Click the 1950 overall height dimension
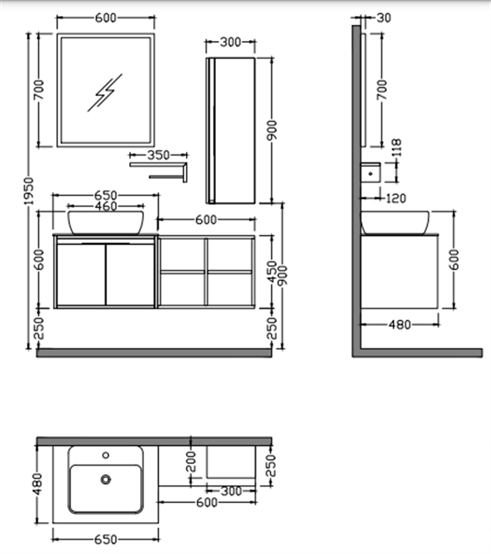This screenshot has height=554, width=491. click(29, 191)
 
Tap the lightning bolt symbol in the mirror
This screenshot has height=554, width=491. click(104, 93)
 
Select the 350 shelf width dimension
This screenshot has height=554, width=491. click(159, 155)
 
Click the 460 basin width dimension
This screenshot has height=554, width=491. click(106, 206)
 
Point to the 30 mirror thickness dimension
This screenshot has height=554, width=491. click(384, 18)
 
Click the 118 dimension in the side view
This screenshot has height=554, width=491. click(396, 148)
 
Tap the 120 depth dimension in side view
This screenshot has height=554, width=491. click(396, 198)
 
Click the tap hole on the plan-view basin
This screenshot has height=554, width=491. click(106, 455)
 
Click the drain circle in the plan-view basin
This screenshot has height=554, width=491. click(106, 479)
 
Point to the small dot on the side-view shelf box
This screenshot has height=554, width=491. click(371, 173)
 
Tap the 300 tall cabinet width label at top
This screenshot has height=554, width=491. click(230, 43)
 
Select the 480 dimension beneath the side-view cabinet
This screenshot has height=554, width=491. click(400, 325)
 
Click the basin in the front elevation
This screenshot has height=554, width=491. click(106, 223)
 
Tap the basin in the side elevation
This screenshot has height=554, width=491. click(395, 223)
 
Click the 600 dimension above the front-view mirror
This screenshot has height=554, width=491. click(106, 18)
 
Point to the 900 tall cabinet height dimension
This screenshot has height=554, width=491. click(272, 130)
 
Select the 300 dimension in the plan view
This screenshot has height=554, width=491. click(232, 491)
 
